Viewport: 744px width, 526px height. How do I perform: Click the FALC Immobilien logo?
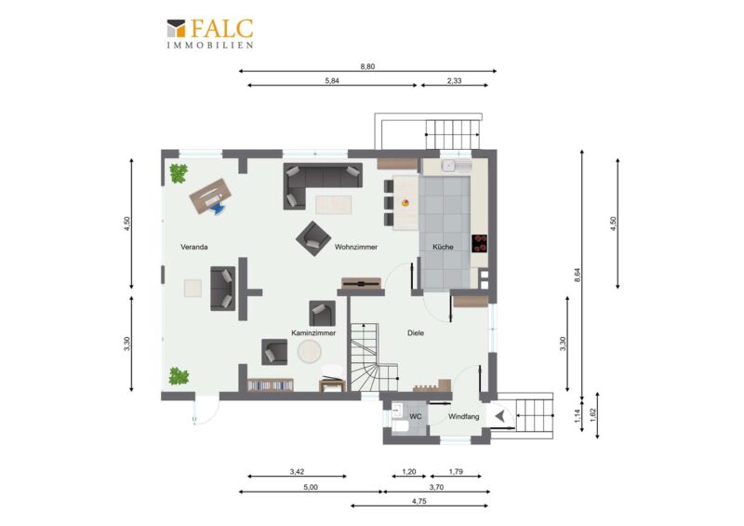(210, 34)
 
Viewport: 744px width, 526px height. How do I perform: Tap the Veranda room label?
(194, 247)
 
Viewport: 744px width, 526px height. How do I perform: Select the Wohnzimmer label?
(356, 247)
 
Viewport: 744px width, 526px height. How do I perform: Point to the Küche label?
(443, 247)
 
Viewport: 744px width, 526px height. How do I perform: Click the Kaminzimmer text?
(313, 333)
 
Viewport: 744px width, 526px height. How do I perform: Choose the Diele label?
(416, 333)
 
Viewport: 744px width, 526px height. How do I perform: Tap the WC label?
(416, 417)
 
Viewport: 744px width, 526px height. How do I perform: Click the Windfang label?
(463, 417)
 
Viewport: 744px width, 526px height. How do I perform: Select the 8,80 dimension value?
(367, 66)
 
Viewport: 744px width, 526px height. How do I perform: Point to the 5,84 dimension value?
(332, 81)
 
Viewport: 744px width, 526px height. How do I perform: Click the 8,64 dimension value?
(578, 276)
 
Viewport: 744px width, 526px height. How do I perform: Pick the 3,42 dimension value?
(297, 472)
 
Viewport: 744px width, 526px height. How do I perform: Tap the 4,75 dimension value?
(419, 501)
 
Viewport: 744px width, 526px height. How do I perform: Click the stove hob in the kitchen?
(479, 243)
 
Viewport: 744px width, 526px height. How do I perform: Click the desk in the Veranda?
(210, 196)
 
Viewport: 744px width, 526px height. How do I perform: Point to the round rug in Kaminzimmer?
(310, 352)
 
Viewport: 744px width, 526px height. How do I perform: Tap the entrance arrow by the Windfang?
(499, 417)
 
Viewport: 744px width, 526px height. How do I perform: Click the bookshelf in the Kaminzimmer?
(270, 384)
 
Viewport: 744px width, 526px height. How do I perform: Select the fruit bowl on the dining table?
(405, 203)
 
